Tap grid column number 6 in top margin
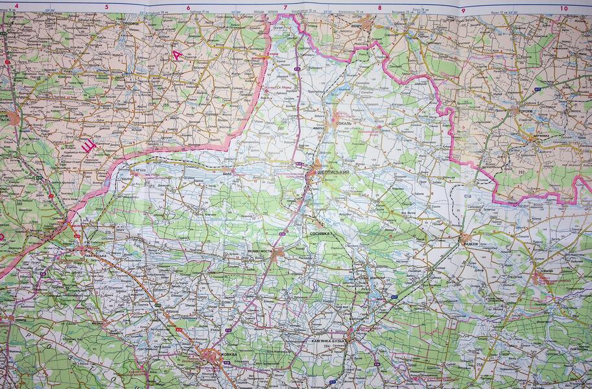[188, 7]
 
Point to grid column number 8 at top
[379, 8]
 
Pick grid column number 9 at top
[463, 10]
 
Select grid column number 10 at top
[563, 8]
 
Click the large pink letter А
[177, 54]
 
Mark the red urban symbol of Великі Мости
[277, 254]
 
